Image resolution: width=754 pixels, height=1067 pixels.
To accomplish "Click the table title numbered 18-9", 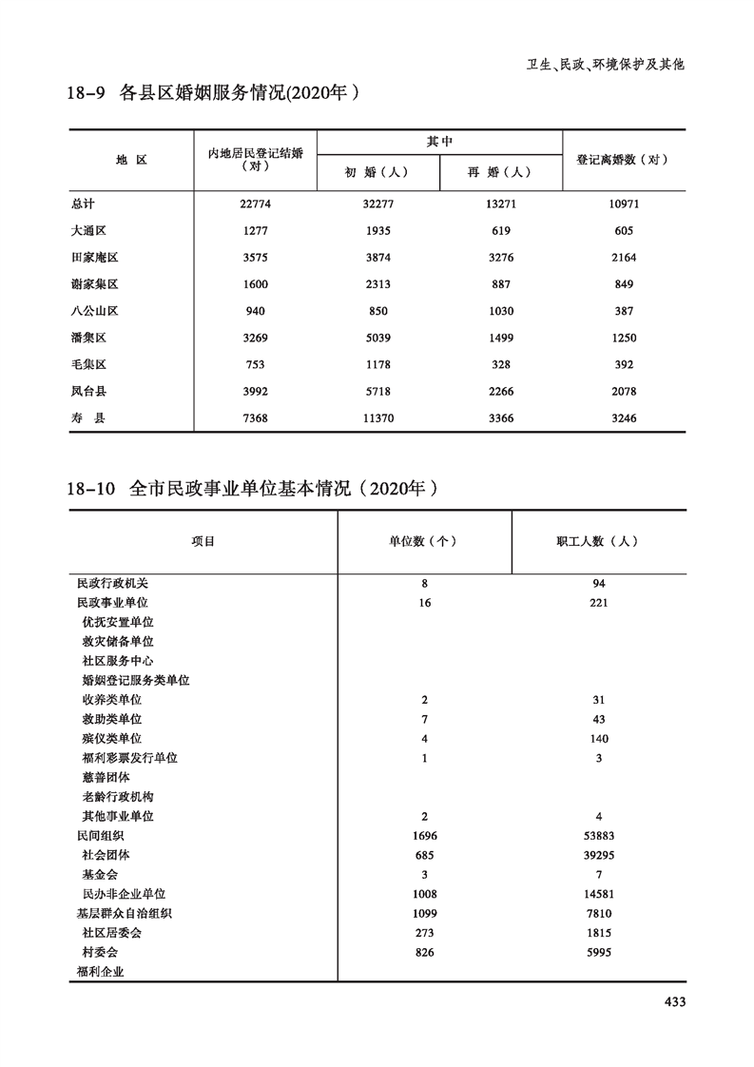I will (216, 94).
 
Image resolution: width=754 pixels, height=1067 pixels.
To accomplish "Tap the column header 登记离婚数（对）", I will (623, 160).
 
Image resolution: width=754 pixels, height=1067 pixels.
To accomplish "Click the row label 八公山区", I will (93, 311).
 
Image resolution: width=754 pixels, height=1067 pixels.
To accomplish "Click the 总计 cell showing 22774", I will (255, 204).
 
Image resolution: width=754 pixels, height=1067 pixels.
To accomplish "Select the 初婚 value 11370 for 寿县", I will (377, 417).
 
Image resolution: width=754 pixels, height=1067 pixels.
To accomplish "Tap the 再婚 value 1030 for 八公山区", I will (501, 311).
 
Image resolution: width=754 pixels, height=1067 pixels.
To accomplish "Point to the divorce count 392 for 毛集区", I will (623, 364).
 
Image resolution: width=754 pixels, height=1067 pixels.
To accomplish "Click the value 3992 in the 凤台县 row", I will (255, 391).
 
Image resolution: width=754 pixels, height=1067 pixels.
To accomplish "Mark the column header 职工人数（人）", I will (597, 541).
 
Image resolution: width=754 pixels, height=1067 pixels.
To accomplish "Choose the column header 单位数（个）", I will (424, 541).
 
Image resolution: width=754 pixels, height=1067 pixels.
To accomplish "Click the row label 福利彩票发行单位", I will (130, 758).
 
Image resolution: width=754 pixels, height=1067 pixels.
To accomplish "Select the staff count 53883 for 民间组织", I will (597, 836).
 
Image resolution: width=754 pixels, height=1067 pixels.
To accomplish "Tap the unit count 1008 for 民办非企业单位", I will (424, 894).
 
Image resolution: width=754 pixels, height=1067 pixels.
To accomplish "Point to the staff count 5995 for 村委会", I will (597, 952).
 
